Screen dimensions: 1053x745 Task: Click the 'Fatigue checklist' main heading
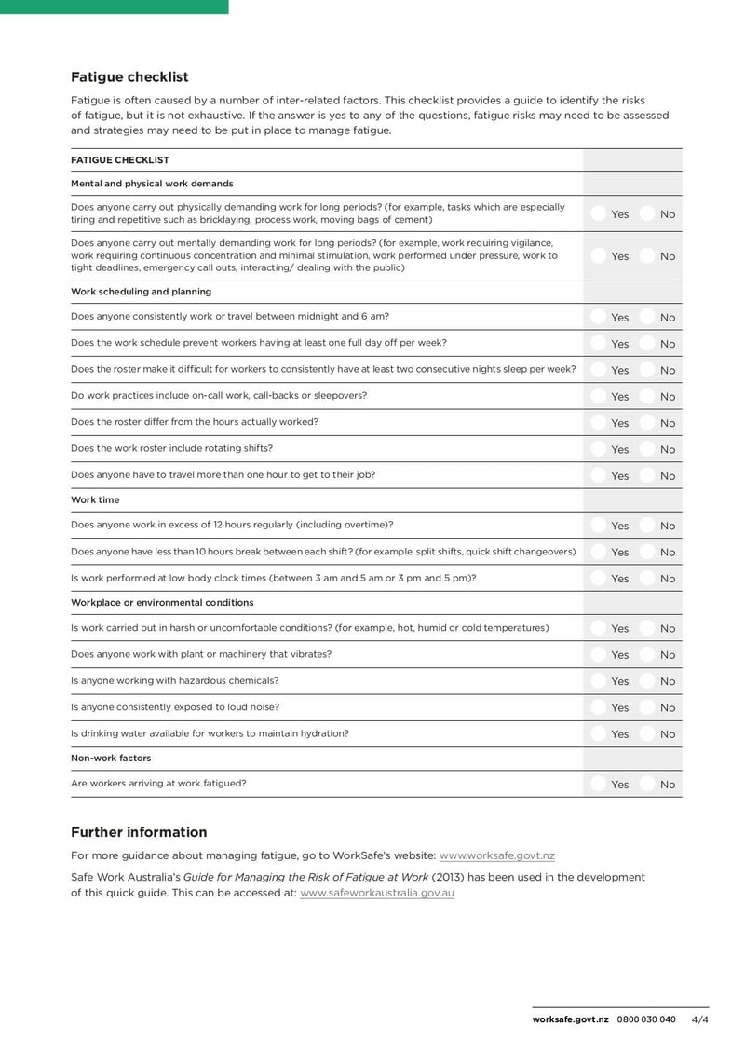pyautogui.click(x=129, y=77)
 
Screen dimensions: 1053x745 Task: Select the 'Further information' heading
pyautogui.click(x=139, y=832)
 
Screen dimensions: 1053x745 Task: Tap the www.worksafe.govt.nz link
pyautogui.click(x=496, y=855)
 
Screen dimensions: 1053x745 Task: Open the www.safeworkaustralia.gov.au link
pyautogui.click(x=377, y=893)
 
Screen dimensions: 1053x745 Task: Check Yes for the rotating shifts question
pyautogui.click(x=598, y=449)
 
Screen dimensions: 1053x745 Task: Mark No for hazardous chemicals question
pyautogui.click(x=647, y=681)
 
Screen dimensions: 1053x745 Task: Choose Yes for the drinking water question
pyautogui.click(x=598, y=734)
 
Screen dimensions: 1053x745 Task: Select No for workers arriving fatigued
pyautogui.click(x=647, y=785)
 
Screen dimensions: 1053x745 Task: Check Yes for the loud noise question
pyautogui.click(x=598, y=707)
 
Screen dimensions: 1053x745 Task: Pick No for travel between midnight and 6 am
pyautogui.click(x=647, y=318)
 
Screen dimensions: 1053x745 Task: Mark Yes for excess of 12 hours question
pyautogui.click(x=598, y=526)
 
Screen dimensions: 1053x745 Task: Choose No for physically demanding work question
pyautogui.click(x=647, y=214)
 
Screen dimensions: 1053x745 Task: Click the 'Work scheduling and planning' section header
pyautogui.click(x=141, y=292)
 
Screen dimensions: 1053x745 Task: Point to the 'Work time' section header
pyautogui.click(x=95, y=500)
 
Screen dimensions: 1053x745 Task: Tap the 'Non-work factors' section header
pyautogui.click(x=111, y=758)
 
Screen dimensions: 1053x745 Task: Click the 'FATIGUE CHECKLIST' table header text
pyautogui.click(x=120, y=160)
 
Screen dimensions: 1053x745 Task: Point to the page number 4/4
pyautogui.click(x=699, y=1019)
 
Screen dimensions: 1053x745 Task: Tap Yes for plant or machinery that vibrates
pyautogui.click(x=598, y=655)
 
